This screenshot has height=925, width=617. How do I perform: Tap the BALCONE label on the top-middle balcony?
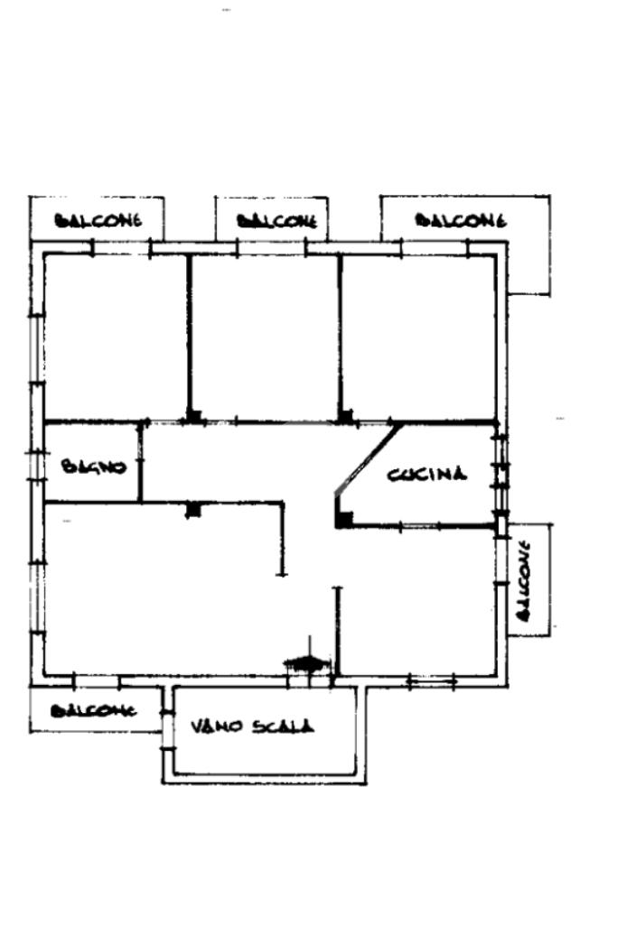276,221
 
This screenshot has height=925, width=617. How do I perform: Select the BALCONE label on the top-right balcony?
460,220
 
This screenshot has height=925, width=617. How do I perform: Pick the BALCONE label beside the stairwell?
93,710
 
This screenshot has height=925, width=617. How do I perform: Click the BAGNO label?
93,467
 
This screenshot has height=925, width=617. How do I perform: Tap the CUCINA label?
427,474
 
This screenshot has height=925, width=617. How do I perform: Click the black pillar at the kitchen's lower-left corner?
344,519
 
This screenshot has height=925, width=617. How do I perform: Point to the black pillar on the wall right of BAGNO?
192,510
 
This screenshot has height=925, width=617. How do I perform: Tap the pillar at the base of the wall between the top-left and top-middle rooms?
193,416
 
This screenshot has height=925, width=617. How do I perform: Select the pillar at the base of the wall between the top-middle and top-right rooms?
345,416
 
